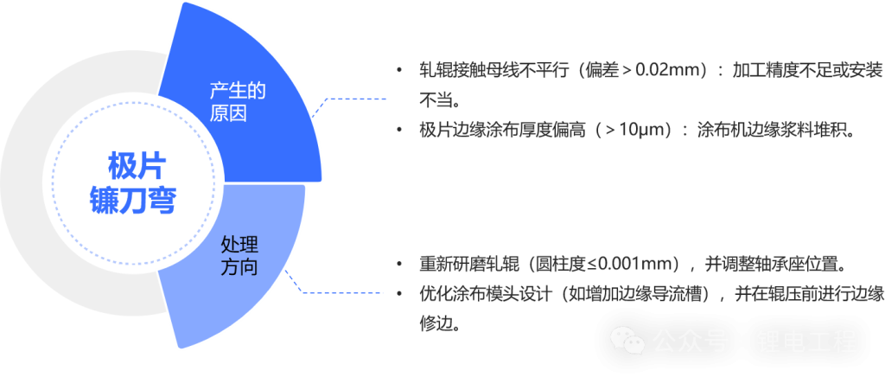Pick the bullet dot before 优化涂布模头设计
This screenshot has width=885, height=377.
click(398, 294)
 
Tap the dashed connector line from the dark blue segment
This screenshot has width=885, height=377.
click(346, 97)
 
